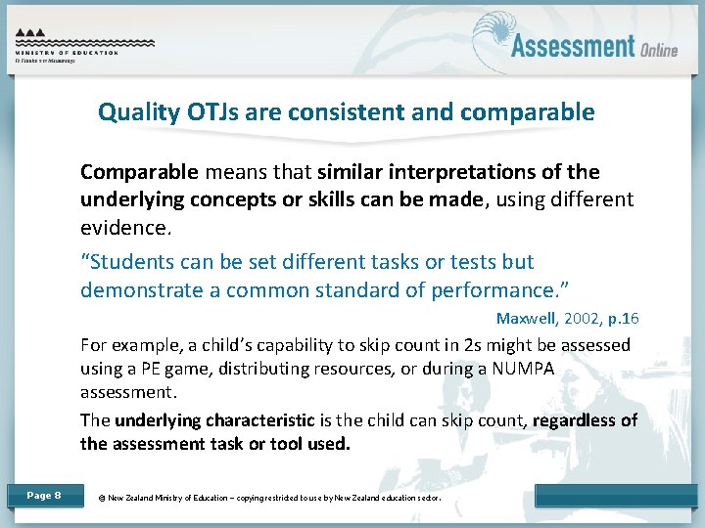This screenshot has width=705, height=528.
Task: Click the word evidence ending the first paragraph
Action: point(123,228)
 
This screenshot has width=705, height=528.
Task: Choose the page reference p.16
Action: point(621,319)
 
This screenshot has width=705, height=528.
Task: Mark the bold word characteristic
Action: point(264,420)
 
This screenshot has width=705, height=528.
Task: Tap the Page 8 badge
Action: point(43,496)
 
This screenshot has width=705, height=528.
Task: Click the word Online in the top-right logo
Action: point(659,49)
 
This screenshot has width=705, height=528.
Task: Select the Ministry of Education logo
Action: point(84,44)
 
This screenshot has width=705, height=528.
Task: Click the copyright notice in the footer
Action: point(269,498)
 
